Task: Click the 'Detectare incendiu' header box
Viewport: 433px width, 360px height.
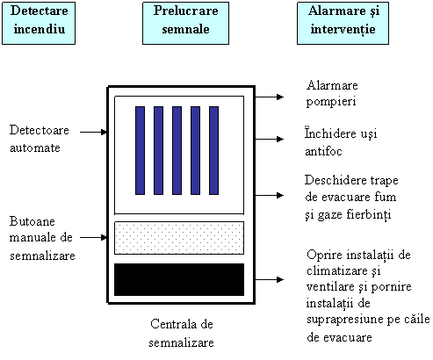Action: click(39, 23)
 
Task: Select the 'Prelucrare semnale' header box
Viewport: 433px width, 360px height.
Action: click(185, 23)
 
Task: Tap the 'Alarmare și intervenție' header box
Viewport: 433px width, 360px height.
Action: click(343, 23)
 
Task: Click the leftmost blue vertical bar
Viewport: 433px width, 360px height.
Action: click(140, 150)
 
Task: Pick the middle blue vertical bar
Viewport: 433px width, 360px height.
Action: click(177, 150)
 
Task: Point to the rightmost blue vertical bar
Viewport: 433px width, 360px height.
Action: click(213, 150)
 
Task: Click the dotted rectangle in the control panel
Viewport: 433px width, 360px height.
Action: click(179, 238)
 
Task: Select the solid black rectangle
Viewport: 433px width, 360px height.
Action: click(179, 279)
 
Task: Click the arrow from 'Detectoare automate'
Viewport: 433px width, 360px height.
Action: click(93, 132)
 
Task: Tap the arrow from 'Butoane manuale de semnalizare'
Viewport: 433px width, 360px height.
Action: click(93, 237)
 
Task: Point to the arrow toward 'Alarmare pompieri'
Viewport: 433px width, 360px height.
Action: click(270, 97)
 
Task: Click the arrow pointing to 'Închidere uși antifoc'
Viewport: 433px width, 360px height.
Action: click(270, 139)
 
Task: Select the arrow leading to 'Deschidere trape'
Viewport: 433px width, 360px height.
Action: click(270, 195)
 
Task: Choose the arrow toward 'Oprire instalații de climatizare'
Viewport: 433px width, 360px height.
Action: click(270, 279)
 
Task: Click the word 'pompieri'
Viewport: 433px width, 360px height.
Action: click(331, 103)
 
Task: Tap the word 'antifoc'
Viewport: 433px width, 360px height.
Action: click(323, 151)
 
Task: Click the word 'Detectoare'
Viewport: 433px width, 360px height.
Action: click(40, 130)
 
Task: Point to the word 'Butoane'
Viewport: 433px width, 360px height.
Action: click(32, 221)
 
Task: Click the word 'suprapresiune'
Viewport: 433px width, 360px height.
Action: click(345, 320)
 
